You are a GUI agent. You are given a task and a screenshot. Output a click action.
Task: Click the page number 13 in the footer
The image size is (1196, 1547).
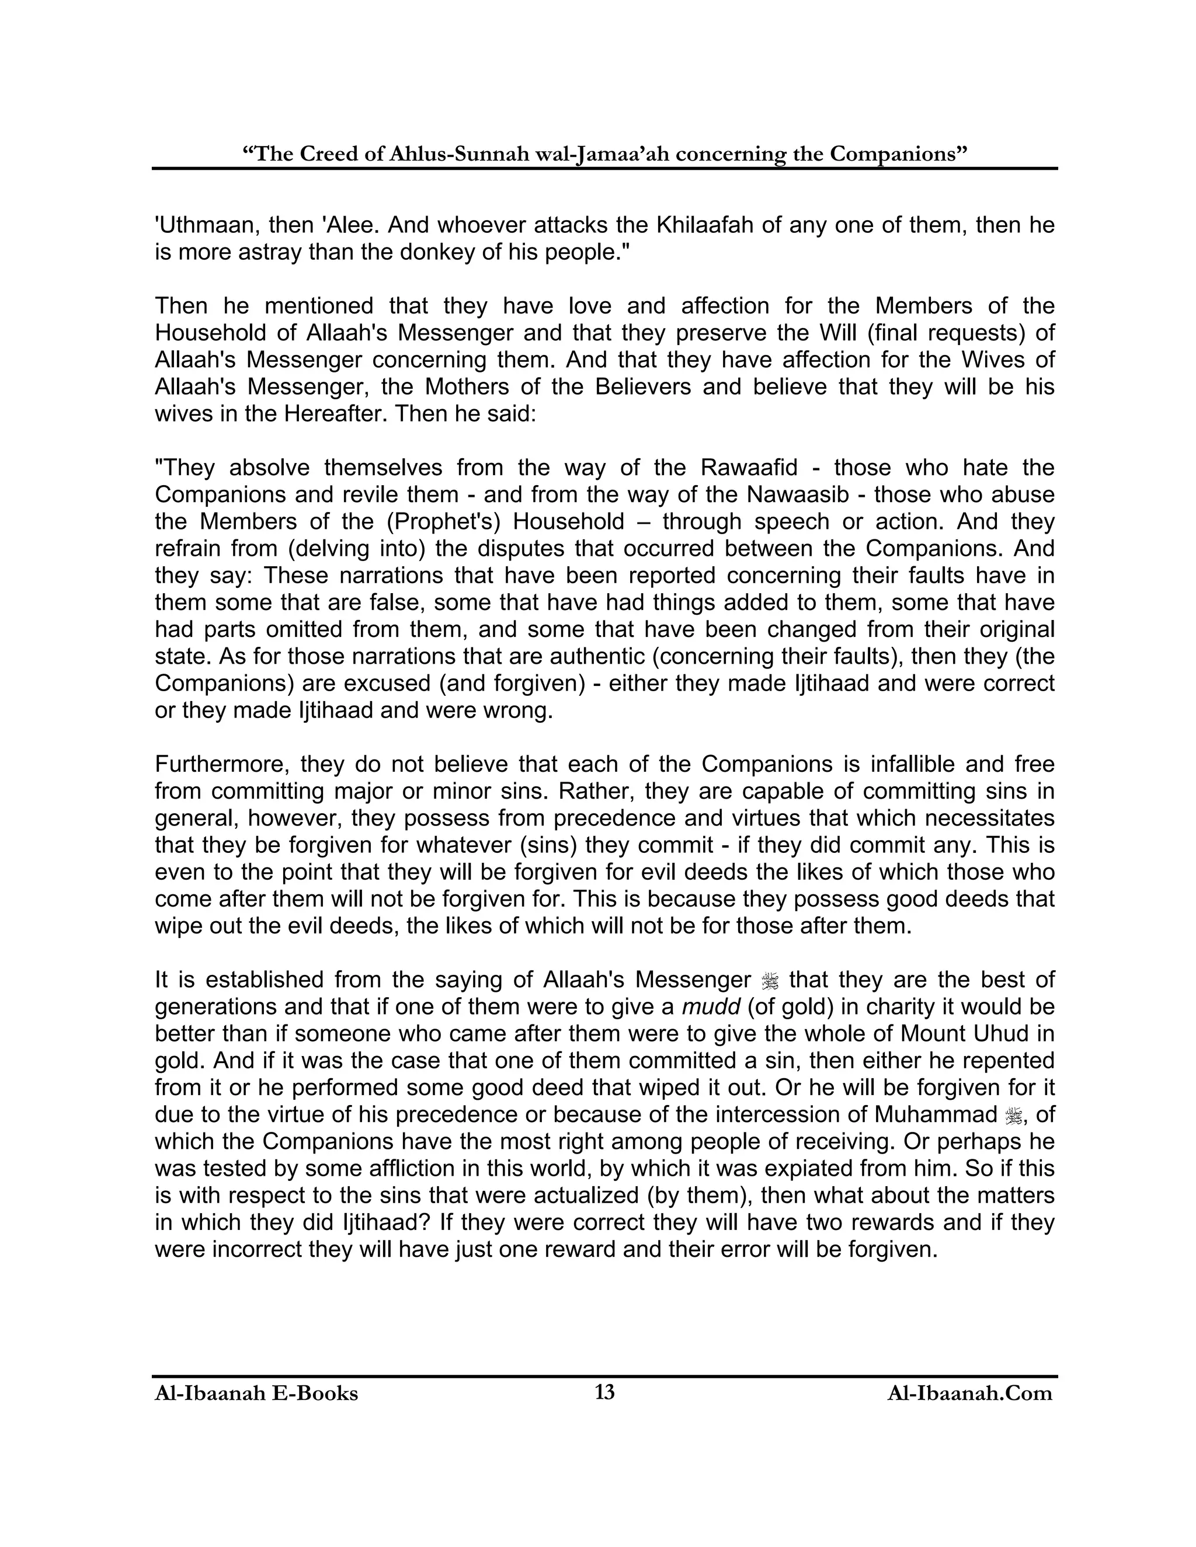click(604, 1392)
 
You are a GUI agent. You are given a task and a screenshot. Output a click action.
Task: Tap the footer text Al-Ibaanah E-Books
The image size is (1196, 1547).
click(256, 1394)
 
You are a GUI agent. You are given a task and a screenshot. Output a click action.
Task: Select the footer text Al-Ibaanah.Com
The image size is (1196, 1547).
click(969, 1394)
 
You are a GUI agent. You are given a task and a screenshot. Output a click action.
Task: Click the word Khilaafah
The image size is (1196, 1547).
click(709, 225)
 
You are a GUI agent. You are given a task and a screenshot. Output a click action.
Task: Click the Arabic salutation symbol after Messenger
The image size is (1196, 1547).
click(770, 981)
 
